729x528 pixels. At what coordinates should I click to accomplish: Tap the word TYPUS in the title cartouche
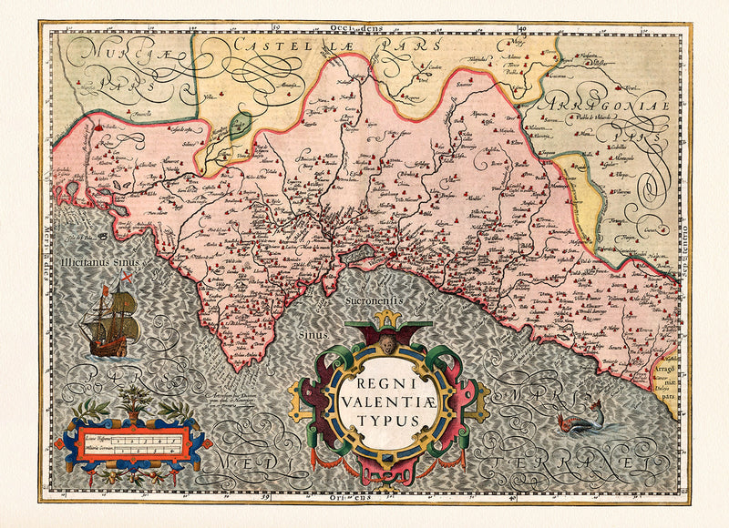click(387, 420)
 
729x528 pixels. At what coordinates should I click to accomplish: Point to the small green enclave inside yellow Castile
click(240, 125)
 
